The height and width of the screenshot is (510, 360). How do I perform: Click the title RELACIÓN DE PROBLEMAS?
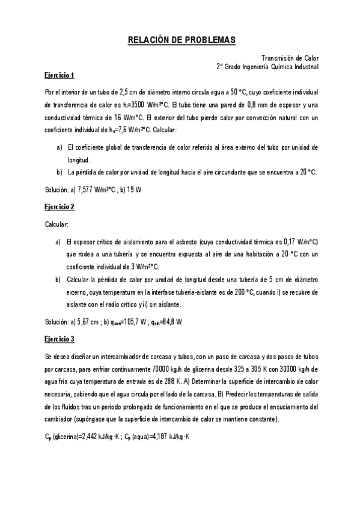(181, 40)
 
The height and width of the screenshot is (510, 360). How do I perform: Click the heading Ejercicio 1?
(59, 76)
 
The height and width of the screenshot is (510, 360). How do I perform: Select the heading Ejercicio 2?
(59, 206)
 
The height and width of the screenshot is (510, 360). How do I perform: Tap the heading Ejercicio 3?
(59, 338)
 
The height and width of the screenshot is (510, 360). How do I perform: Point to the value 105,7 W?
(134, 321)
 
